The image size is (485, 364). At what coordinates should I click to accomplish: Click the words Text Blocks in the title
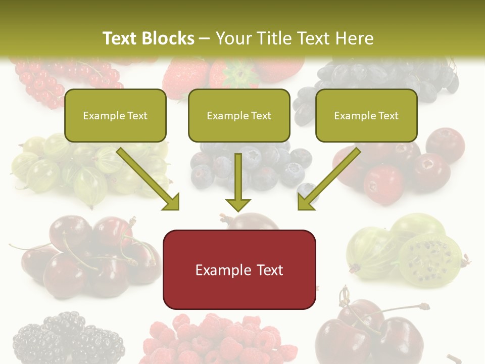(148, 38)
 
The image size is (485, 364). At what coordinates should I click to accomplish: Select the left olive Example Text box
(115, 116)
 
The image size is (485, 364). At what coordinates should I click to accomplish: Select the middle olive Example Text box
(239, 116)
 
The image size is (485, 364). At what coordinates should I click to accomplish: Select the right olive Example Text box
(366, 116)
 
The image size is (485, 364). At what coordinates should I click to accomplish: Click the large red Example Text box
(239, 270)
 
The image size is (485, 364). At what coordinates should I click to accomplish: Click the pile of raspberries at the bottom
(217, 339)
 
